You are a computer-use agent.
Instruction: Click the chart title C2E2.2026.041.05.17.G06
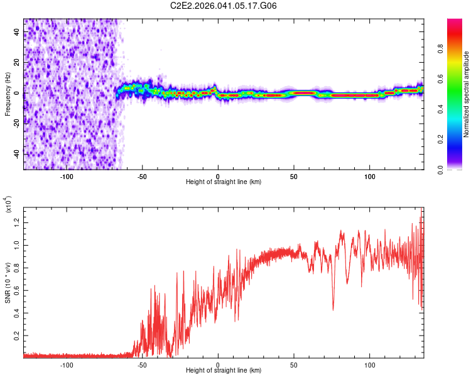[x=224, y=6]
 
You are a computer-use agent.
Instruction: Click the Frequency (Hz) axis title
[x=8, y=94]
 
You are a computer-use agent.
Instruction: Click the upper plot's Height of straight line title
[x=224, y=182]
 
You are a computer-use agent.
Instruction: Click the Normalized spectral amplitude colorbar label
[x=467, y=94]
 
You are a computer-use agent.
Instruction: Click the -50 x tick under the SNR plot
[x=142, y=364]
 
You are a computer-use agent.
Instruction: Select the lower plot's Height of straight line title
[x=224, y=371]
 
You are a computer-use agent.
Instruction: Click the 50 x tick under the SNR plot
[x=293, y=364]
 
